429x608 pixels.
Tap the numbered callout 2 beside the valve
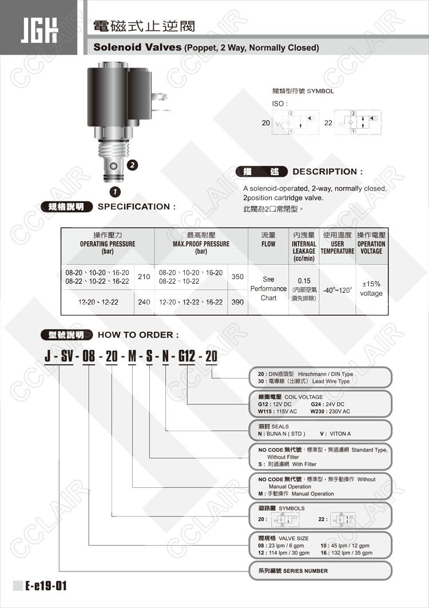(132, 165)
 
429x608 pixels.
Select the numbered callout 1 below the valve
(115, 191)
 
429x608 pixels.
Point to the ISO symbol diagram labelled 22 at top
(355, 122)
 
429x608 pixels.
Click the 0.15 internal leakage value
(304, 280)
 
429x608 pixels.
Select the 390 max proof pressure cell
(237, 301)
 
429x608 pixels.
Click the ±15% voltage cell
(371, 288)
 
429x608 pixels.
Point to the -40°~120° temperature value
(337, 289)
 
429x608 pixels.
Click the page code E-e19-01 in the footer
(46, 586)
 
